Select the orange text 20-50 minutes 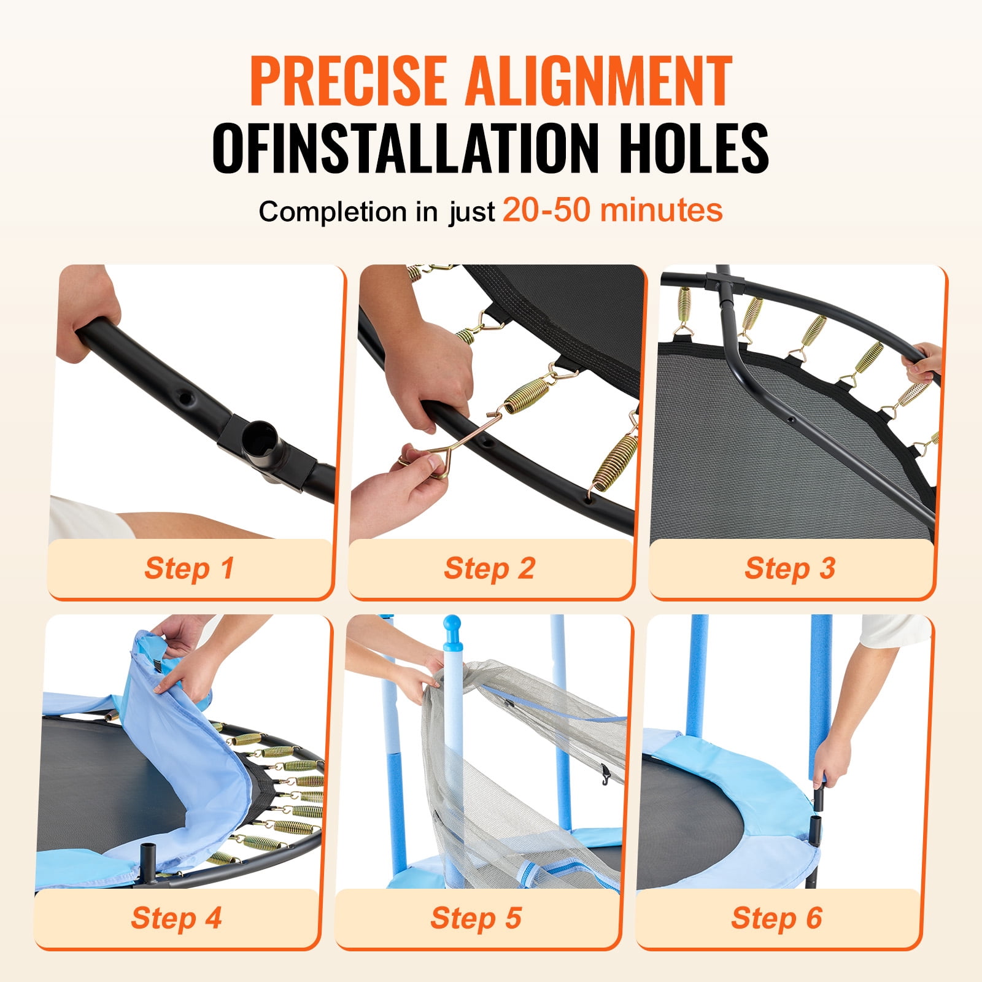613,210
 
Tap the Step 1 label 189,568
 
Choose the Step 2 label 490,568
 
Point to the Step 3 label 790,568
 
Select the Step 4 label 176,918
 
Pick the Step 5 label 476,918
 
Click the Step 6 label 776,918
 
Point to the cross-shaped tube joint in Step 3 724,285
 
